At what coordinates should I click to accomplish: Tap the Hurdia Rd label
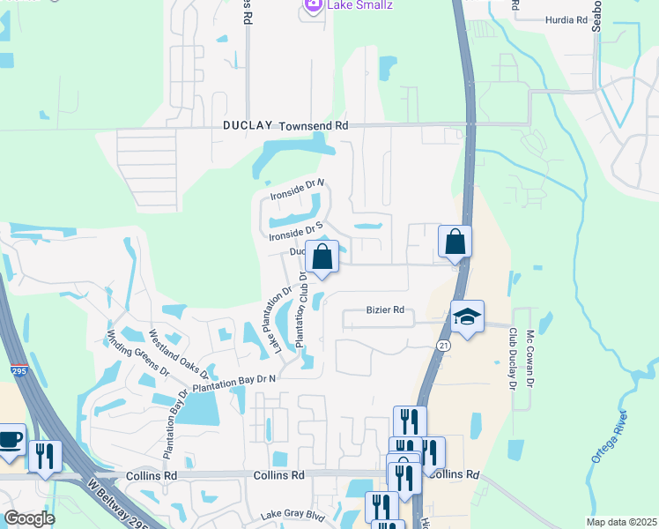[x=566, y=19]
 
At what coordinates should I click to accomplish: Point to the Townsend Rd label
[x=314, y=127]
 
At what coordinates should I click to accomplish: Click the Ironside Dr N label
[x=297, y=188]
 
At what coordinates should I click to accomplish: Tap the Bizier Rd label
[x=385, y=310]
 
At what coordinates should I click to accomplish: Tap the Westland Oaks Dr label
[x=177, y=353]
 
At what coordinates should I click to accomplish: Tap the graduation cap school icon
[x=467, y=316]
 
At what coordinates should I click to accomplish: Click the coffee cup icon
[x=10, y=439]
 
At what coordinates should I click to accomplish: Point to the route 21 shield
[x=443, y=346]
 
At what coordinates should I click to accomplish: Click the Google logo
[x=29, y=518]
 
